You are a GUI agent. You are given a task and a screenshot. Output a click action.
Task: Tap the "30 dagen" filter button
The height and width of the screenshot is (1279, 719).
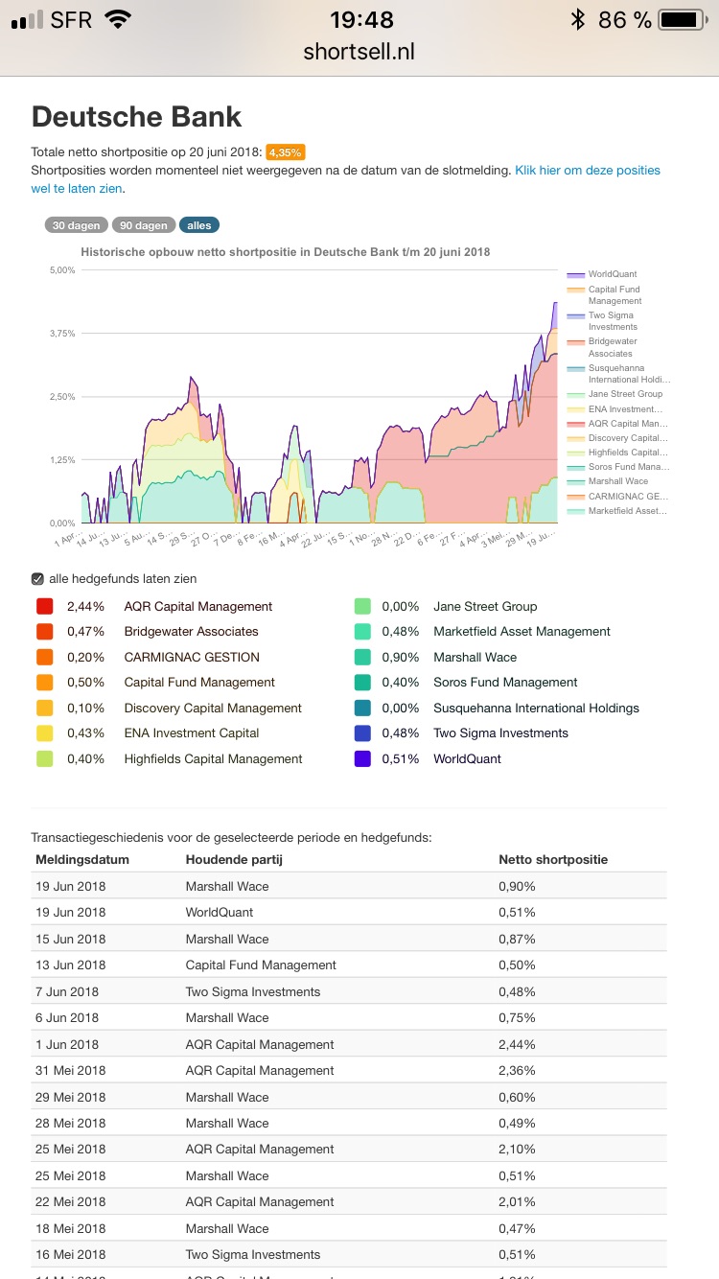coord(77,225)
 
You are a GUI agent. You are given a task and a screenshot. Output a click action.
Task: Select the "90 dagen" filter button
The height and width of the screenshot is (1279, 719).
coord(143,225)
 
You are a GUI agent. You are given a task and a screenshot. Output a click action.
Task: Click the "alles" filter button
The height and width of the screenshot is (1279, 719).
coord(199,225)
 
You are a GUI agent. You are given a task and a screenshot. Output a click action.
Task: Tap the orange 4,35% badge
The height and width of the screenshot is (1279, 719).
coord(285,152)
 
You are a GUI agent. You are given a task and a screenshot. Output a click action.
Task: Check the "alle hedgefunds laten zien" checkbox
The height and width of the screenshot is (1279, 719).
coord(37,578)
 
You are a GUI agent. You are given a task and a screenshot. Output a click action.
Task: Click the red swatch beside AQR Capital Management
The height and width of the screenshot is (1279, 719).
coord(44,606)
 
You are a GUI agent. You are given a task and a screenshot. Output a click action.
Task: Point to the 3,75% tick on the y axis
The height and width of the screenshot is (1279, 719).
coord(61,334)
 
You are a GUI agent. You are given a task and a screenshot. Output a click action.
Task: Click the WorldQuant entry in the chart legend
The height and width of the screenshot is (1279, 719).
coord(612,274)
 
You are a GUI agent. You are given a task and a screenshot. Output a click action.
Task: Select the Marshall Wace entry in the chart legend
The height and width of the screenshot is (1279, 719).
coord(617,481)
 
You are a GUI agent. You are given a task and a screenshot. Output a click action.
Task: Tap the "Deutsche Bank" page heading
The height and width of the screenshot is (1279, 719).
coord(136,117)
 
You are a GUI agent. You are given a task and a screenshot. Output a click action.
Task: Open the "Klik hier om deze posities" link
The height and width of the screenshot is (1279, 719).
coord(587,170)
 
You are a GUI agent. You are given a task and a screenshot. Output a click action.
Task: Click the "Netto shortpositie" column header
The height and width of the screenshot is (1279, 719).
coord(553,859)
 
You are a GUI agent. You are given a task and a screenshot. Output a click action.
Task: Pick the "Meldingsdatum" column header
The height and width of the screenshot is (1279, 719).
coord(82,859)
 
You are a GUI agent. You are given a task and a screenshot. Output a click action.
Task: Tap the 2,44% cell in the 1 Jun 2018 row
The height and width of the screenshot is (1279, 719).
coord(517,1044)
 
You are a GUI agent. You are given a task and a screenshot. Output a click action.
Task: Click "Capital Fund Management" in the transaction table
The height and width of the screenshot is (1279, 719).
coord(261,965)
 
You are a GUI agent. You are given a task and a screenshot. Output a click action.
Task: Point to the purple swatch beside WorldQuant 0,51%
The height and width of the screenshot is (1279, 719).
coord(362,758)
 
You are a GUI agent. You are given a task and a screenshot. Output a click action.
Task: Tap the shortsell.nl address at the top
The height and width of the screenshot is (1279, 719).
coord(359,52)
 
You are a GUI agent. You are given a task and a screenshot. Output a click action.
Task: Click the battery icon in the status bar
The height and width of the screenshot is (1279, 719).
coord(684,19)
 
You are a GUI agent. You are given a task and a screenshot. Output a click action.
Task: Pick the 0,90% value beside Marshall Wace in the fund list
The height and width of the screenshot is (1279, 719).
coord(401,657)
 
